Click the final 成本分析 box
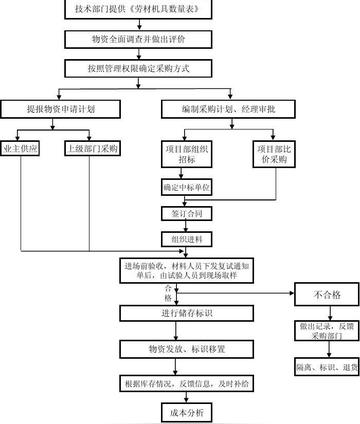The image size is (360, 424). coord(186,412)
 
